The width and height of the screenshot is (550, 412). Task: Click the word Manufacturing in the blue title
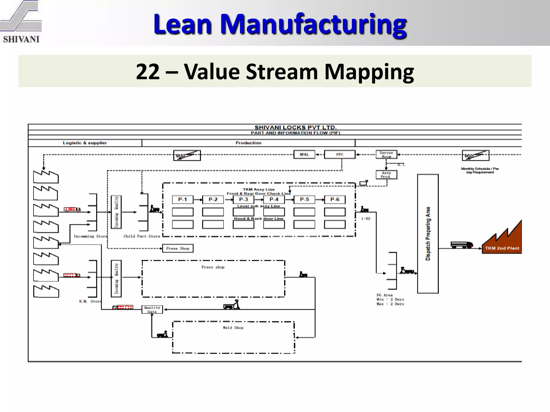point(313,25)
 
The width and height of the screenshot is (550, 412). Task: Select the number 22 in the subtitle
point(148,72)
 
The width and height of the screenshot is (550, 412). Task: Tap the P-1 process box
point(183,200)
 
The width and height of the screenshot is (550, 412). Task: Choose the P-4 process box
point(274,200)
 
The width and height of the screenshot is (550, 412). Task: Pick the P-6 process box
point(335,200)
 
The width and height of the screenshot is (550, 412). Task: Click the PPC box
point(340,154)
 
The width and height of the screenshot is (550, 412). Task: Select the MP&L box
point(304,154)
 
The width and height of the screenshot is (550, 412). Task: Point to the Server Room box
point(386,154)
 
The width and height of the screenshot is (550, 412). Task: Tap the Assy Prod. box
point(386,175)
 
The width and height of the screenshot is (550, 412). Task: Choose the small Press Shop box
point(178,248)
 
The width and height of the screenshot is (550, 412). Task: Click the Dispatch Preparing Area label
point(428,234)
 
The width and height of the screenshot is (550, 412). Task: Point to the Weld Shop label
point(233,328)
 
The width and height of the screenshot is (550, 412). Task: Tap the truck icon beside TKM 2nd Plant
point(462,245)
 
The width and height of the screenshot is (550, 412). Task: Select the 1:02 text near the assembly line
point(366,219)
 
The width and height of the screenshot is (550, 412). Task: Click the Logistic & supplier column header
point(85,143)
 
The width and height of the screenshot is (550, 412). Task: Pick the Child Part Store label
point(142,236)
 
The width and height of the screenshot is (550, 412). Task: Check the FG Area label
point(385,295)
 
